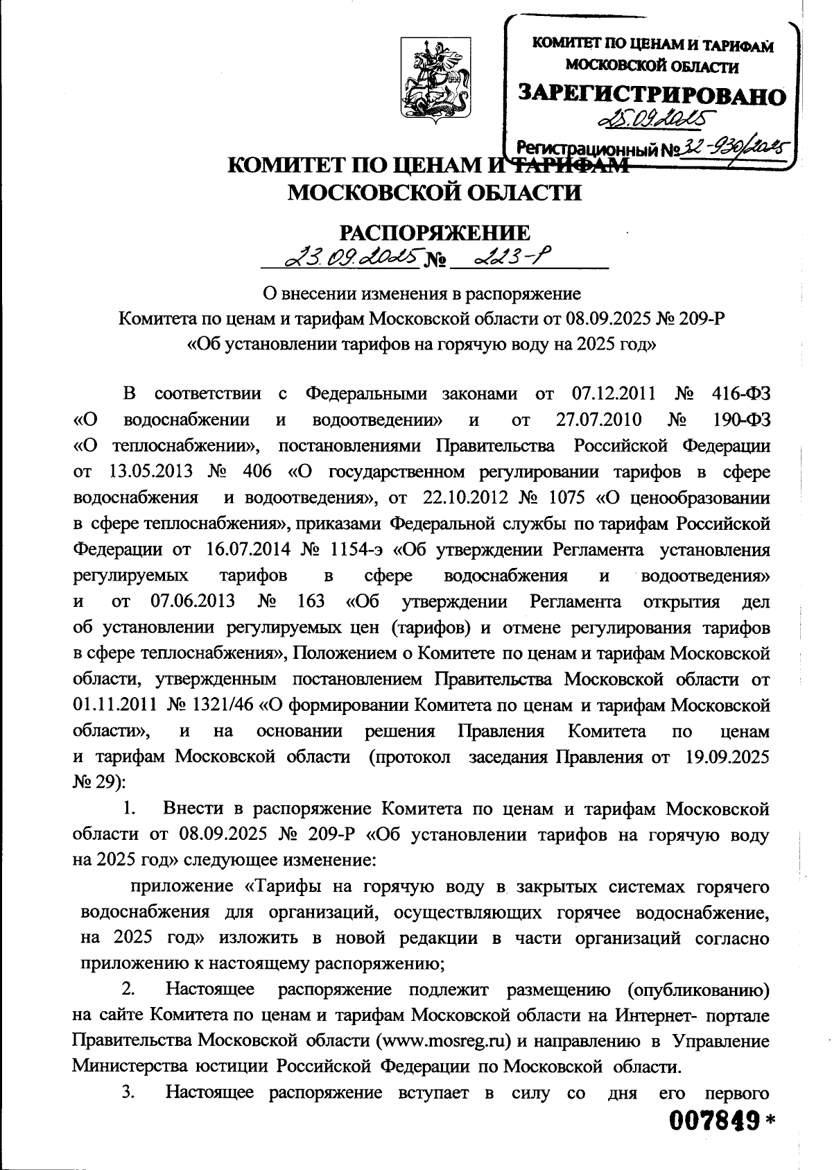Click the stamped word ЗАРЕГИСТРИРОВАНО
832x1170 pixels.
point(653,95)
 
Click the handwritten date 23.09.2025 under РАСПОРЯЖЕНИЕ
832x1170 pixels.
point(352,259)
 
